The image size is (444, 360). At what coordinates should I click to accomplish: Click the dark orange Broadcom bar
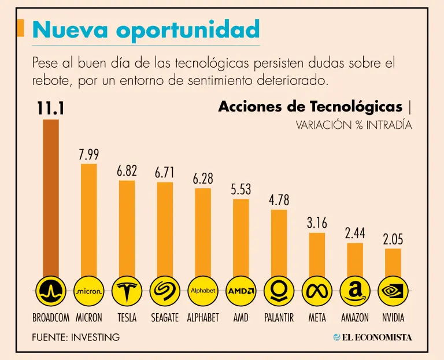(x=51, y=196)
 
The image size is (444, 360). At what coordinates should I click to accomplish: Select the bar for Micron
(x=88, y=220)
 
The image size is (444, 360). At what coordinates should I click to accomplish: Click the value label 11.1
(x=50, y=109)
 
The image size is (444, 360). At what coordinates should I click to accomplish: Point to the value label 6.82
(x=127, y=171)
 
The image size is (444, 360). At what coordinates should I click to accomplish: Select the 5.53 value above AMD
(x=241, y=189)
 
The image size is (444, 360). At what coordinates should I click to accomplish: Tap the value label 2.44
(x=355, y=233)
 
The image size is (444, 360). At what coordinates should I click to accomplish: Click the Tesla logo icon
(x=127, y=291)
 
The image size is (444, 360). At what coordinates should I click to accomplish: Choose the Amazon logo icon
(x=355, y=291)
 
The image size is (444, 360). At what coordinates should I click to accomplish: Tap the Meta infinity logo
(x=317, y=291)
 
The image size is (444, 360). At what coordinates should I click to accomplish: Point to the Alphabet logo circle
(x=203, y=291)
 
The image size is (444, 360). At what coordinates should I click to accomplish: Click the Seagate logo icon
(x=165, y=291)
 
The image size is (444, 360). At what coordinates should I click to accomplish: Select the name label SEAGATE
(x=165, y=318)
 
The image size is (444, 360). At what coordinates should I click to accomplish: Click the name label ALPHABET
(x=203, y=318)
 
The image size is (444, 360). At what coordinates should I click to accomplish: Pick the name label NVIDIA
(x=393, y=318)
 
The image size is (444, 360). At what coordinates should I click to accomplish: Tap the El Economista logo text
(x=372, y=337)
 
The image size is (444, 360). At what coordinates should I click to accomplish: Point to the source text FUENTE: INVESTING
(x=76, y=337)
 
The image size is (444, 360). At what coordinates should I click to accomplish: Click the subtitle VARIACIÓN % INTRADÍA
(x=354, y=125)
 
